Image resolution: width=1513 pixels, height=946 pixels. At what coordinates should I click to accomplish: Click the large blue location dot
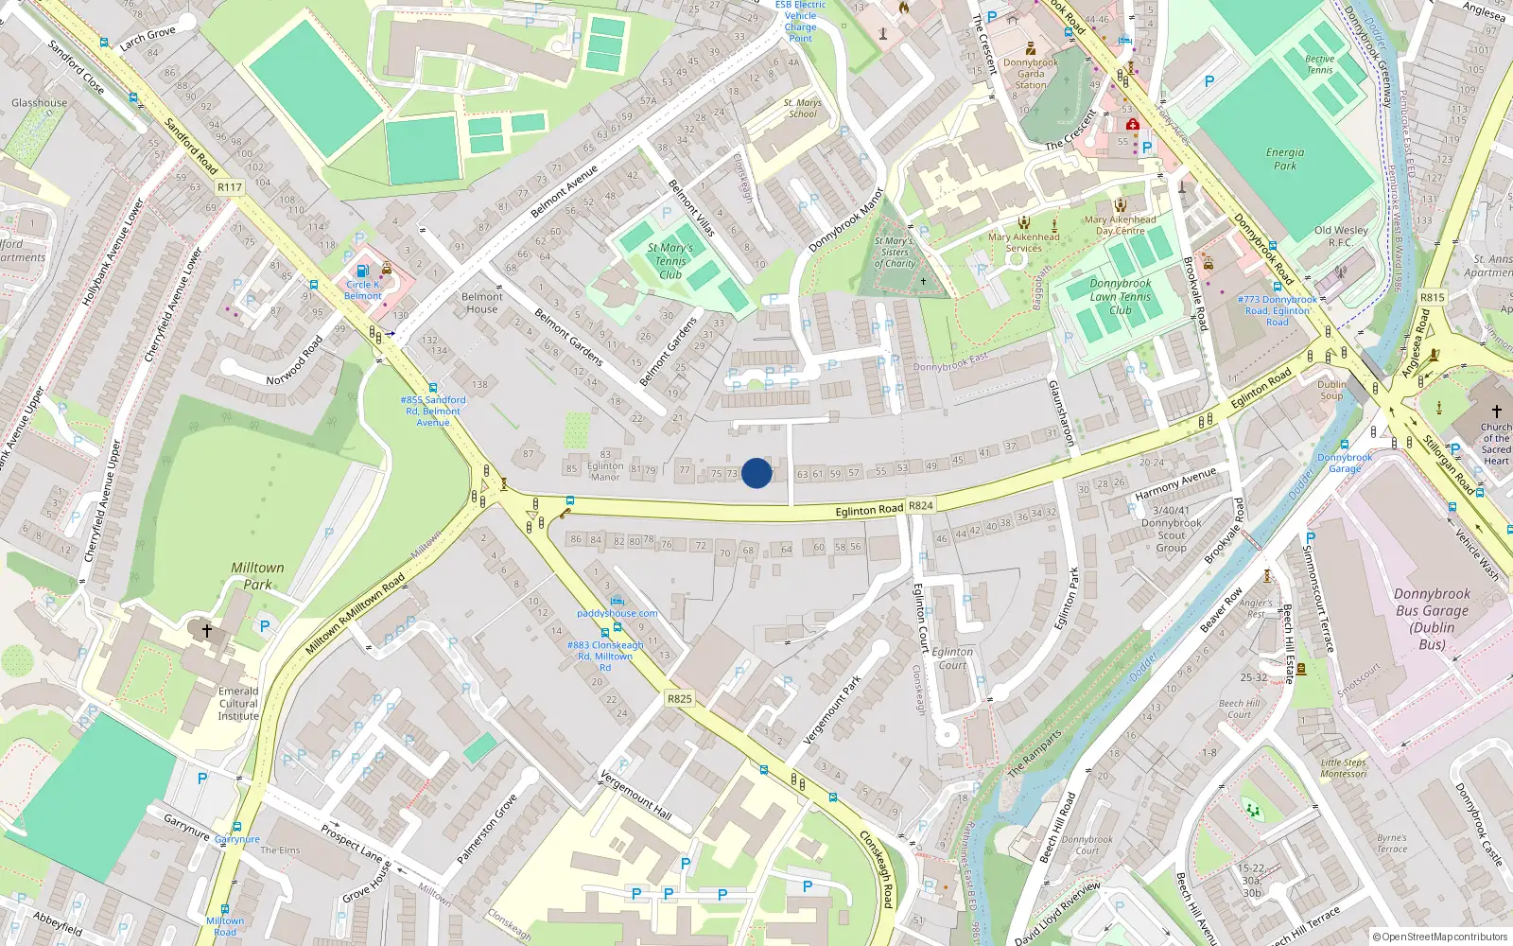point(756,473)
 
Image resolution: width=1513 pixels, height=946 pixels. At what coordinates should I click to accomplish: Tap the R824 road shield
point(921,505)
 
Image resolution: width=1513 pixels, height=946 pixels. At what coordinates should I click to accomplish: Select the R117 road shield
point(230,187)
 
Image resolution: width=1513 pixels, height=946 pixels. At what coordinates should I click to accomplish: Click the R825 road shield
point(679,698)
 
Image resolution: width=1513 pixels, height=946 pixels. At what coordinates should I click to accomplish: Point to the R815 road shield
point(1432,297)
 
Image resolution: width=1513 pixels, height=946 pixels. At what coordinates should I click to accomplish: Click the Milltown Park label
point(257,575)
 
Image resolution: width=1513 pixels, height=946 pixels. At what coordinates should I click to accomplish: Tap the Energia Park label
point(1285,158)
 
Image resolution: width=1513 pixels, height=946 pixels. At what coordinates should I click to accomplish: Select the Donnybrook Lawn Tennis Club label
point(1121,296)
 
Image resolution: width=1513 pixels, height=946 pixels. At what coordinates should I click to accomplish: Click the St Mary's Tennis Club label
point(670,261)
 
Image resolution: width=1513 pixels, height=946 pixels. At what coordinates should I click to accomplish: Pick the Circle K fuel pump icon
point(363,272)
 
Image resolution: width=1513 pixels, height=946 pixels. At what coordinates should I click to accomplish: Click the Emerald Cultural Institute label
point(238,703)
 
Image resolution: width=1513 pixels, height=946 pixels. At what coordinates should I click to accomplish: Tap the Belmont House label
point(482,303)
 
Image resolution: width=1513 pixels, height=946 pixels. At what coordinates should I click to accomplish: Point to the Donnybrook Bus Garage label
point(1432,619)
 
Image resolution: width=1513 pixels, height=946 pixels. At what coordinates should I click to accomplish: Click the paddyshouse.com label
point(617,613)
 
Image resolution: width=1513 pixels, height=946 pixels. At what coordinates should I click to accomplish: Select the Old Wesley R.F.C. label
point(1341,236)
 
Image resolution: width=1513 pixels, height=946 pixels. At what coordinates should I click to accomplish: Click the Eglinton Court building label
point(952,657)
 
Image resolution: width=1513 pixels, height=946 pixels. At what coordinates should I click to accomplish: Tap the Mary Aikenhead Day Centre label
point(1121,224)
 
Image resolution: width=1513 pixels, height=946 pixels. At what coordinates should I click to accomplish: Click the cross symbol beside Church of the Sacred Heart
point(1496,412)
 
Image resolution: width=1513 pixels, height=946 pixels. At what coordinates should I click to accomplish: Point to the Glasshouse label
point(40,102)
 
